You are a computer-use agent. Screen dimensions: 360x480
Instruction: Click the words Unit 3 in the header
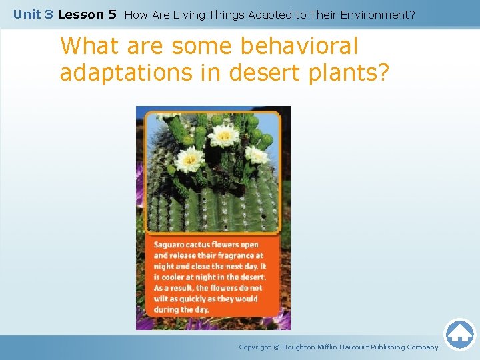point(33,14)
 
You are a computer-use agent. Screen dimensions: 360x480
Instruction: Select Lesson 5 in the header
point(87,14)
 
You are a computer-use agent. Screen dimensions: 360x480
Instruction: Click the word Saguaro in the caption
point(171,245)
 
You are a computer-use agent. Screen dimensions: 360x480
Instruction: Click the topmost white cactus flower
point(223,135)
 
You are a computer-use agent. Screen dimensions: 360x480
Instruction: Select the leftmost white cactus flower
point(190,159)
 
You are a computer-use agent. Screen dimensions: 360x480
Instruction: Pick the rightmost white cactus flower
point(256,154)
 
